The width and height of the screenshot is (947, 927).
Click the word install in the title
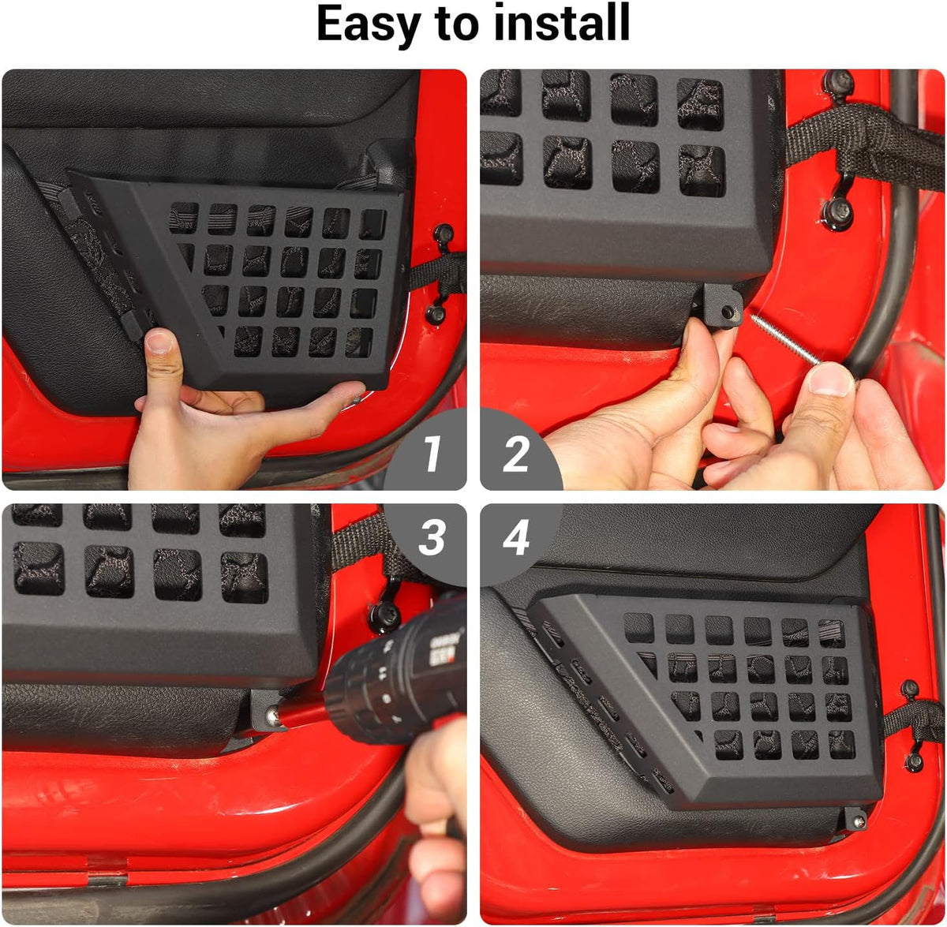pyautogui.click(x=561, y=22)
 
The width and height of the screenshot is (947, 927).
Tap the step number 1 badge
pyautogui.click(x=432, y=454)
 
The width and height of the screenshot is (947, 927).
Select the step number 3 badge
pyautogui.click(x=432, y=538)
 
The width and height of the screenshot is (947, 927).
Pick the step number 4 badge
pyautogui.click(x=516, y=538)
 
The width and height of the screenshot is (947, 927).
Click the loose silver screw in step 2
pyautogui.click(x=784, y=339)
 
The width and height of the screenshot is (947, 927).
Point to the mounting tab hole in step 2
pyautogui.click(x=726, y=311)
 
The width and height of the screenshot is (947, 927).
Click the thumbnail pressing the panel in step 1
pyautogui.click(x=159, y=341)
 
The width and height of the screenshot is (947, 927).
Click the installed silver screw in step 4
pyautogui.click(x=859, y=820)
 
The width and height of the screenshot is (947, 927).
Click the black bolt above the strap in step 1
pyautogui.click(x=444, y=233)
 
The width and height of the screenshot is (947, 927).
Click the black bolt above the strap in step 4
pyautogui.click(x=910, y=688)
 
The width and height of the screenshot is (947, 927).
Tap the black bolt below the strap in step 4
pyautogui.click(x=915, y=761)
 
